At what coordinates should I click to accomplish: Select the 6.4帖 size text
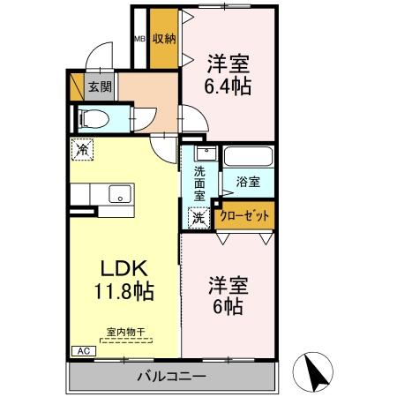pyautogui.click(x=228, y=86)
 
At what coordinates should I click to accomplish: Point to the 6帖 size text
pyautogui.click(x=228, y=308)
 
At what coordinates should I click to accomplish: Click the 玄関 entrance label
pyautogui.click(x=100, y=86)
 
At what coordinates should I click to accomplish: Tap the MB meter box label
pyautogui.click(x=139, y=39)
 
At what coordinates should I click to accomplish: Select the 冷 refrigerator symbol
pyautogui.click(x=82, y=150)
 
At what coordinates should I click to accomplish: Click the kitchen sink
pyautogui.click(x=118, y=193)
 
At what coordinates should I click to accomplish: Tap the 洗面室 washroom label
pyautogui.click(x=199, y=184)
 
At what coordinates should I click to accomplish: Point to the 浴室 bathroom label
pyautogui.click(x=247, y=183)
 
